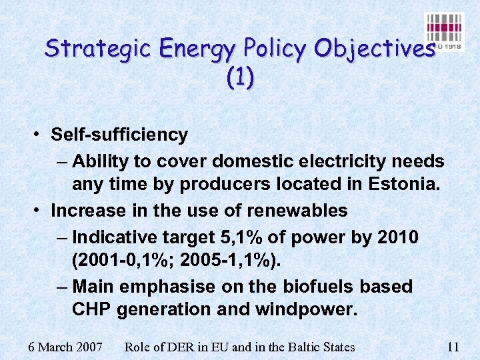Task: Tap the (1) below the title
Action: click(240, 79)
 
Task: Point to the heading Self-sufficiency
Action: click(119, 135)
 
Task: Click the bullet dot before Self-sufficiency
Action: click(38, 135)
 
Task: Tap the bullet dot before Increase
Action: click(38, 211)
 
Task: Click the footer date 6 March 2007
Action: click(65, 347)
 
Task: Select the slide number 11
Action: click(453, 347)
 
